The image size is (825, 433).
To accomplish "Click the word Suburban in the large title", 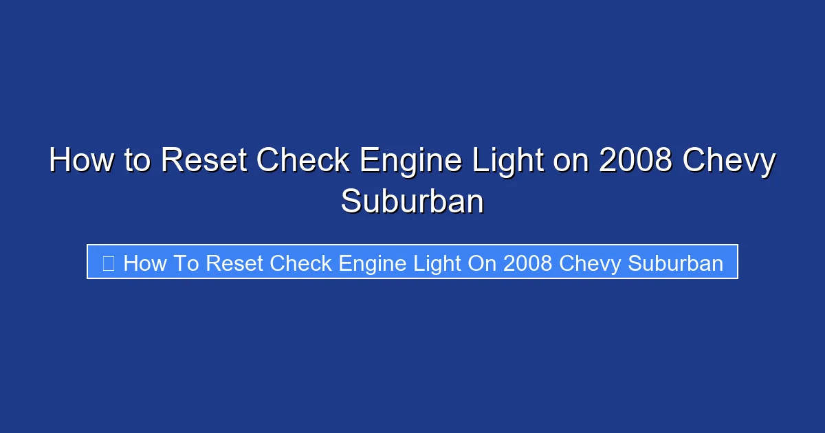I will tap(412, 201).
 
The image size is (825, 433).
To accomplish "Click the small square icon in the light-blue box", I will tap(108, 263).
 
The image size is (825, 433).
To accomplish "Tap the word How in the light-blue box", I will tap(144, 263).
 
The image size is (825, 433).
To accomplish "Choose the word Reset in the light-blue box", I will tap(236, 263).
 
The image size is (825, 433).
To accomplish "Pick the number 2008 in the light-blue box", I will tap(528, 263).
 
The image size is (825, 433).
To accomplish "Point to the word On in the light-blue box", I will tap(481, 263).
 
